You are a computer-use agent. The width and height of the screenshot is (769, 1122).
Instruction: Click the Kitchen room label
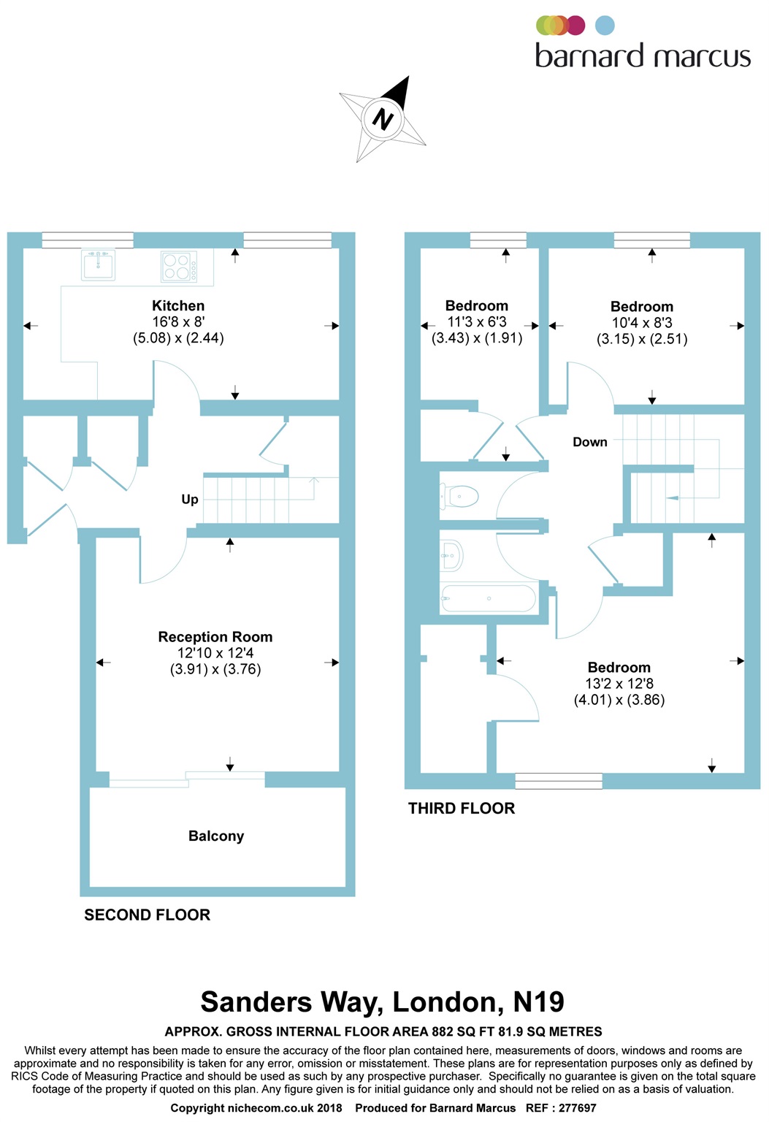click(178, 306)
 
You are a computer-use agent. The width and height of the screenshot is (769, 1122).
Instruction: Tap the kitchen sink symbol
click(99, 264)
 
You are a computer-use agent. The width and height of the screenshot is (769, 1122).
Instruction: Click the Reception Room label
click(215, 637)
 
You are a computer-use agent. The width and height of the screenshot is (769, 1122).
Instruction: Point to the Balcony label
click(216, 836)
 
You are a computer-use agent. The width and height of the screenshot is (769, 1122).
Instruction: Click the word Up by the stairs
click(190, 500)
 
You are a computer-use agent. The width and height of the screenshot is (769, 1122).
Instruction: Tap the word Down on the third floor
click(590, 443)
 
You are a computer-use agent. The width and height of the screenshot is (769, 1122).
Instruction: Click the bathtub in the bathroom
click(488, 599)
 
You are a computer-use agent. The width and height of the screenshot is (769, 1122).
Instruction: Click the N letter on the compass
click(383, 118)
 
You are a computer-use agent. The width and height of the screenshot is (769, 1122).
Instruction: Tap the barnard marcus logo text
click(643, 56)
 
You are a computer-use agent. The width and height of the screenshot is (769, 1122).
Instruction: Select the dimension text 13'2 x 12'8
click(619, 684)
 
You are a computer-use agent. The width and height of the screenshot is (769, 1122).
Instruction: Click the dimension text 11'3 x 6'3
click(477, 322)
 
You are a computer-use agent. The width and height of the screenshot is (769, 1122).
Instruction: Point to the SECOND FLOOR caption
click(147, 915)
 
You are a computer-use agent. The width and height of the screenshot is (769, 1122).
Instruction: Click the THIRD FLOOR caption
click(462, 809)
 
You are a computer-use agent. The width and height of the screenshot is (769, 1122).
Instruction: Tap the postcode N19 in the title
click(539, 1002)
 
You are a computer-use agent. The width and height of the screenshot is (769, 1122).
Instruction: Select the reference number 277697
click(578, 1108)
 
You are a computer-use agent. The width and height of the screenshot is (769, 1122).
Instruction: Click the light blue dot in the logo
click(605, 26)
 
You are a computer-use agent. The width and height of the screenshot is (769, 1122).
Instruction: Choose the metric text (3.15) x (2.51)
click(642, 339)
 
